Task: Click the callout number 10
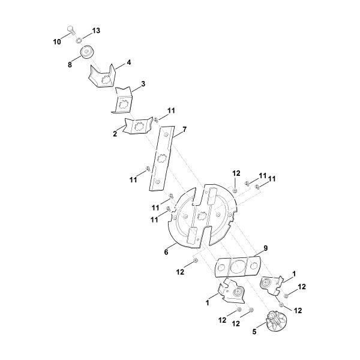click(x=57, y=42)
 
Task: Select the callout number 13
click(x=97, y=31)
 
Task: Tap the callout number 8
click(x=70, y=65)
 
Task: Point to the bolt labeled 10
click(x=71, y=30)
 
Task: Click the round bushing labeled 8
click(x=88, y=52)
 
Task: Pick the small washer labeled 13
click(x=79, y=40)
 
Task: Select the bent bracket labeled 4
click(x=102, y=76)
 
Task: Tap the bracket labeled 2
click(x=138, y=125)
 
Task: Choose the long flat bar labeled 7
click(x=162, y=158)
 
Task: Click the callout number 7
click(x=184, y=130)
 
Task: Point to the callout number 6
click(x=166, y=252)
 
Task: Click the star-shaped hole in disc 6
click(x=202, y=216)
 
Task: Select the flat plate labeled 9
click(x=238, y=266)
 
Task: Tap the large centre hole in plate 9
click(x=238, y=266)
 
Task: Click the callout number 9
click(x=266, y=248)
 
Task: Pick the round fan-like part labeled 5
click(x=276, y=321)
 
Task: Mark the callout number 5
click(x=254, y=332)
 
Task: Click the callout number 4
click(x=129, y=62)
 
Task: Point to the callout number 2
click(x=115, y=134)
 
